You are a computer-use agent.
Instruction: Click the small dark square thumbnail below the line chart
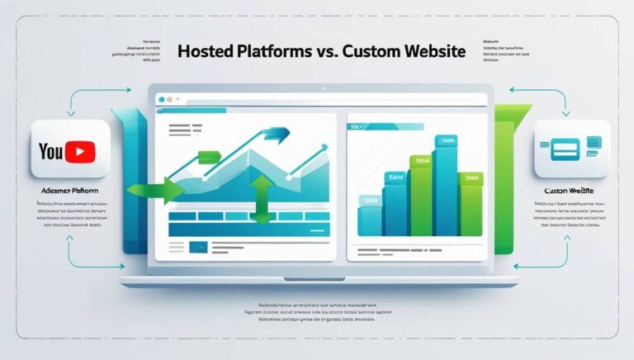point(199,246)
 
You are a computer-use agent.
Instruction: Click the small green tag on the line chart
point(210,156)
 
